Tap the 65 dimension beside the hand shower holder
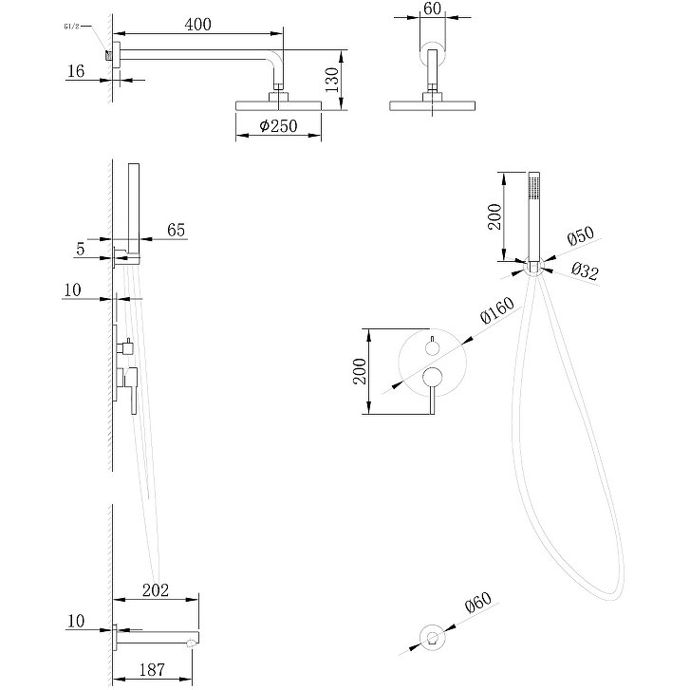pyautogui.click(x=176, y=229)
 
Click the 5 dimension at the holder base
pyautogui.click(x=83, y=250)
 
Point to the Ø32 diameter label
pyautogui.click(x=584, y=272)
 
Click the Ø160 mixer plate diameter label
pyautogui.click(x=496, y=311)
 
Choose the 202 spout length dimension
pyautogui.click(x=156, y=590)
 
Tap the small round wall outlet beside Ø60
pyautogui.click(x=433, y=639)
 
